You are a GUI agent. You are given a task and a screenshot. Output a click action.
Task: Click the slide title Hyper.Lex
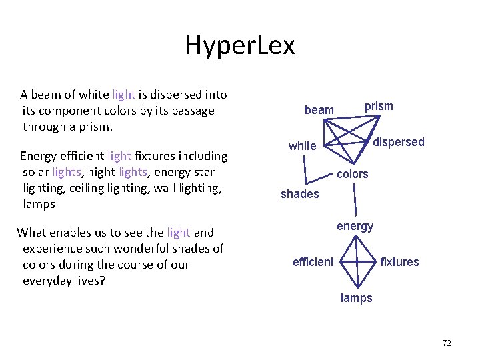pos(239,46)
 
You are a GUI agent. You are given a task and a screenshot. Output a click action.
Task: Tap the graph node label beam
pos(319,109)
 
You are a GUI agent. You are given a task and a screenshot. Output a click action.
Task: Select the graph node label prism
pos(379,106)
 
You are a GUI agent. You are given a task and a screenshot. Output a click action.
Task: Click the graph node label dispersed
pos(398,142)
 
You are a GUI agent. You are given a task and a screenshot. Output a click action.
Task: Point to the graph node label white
pos(302,146)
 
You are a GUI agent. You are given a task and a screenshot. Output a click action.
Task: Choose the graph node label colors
pos(352,174)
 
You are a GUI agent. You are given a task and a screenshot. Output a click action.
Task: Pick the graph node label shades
pos(299,194)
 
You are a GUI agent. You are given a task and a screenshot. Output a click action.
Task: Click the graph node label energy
pos(355,226)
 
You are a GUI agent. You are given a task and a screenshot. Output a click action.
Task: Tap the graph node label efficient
pos(313,262)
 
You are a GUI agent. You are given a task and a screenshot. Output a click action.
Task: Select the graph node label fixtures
pos(399,262)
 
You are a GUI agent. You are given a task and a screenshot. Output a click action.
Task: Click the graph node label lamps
pos(356,298)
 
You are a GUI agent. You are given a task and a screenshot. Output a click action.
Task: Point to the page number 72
pos(447,343)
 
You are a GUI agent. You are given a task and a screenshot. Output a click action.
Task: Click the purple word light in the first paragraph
pos(123,95)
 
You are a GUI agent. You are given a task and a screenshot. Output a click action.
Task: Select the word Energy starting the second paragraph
pos(39,156)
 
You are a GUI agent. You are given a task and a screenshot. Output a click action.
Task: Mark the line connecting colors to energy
pos(355,200)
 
